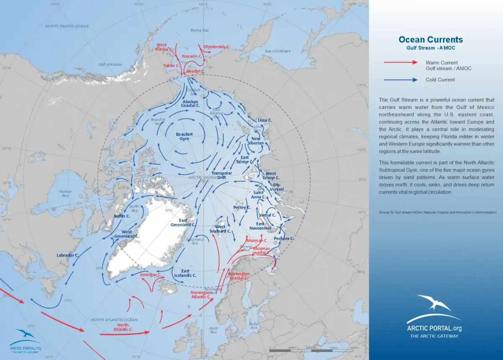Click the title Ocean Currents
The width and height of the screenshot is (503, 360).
pyautogui.click(x=430, y=40)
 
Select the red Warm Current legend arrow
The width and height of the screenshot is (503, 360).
pyautogui.click(x=401, y=62)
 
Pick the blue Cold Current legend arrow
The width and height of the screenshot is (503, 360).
pyautogui.click(x=401, y=80)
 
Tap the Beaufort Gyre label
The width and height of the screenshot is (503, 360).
pyautogui.click(x=184, y=136)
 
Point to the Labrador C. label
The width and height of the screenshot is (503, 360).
pyautogui.click(x=68, y=255)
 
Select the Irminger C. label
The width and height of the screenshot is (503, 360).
pyautogui.click(x=150, y=275)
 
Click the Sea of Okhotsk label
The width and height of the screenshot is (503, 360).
pyautogui.click(x=277, y=51)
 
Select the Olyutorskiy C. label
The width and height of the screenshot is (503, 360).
pyautogui.click(x=217, y=47)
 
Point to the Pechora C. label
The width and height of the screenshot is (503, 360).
pyautogui.click(x=284, y=238)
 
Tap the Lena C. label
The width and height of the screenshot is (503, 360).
pyautogui.click(x=264, y=120)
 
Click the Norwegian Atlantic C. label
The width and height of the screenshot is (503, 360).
pyautogui.click(x=201, y=294)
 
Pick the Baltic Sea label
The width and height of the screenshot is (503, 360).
pyautogui.click(x=253, y=326)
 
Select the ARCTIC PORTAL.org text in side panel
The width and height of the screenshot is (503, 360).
pyautogui.click(x=434, y=329)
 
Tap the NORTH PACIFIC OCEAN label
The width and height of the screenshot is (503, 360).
pyautogui.click(x=67, y=26)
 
